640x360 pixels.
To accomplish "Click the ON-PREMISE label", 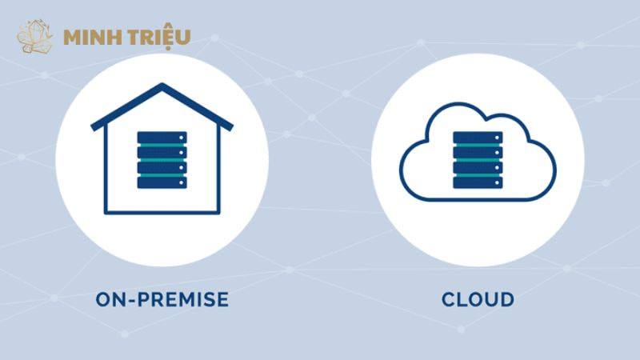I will point(162,300).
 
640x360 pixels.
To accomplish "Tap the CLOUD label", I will point(478,300).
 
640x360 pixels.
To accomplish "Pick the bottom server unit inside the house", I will point(162,182).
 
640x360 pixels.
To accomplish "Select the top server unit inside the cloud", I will point(478,138).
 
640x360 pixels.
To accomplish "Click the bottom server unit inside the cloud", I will point(478,182).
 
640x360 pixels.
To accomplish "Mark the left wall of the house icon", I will point(106,172).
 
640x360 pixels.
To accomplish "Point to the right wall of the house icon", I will point(218,172).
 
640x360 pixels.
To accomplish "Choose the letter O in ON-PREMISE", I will point(104,300).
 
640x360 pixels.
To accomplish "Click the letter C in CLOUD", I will point(449,300).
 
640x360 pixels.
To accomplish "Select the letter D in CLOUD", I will point(506,300).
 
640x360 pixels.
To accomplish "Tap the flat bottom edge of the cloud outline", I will point(478,197).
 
